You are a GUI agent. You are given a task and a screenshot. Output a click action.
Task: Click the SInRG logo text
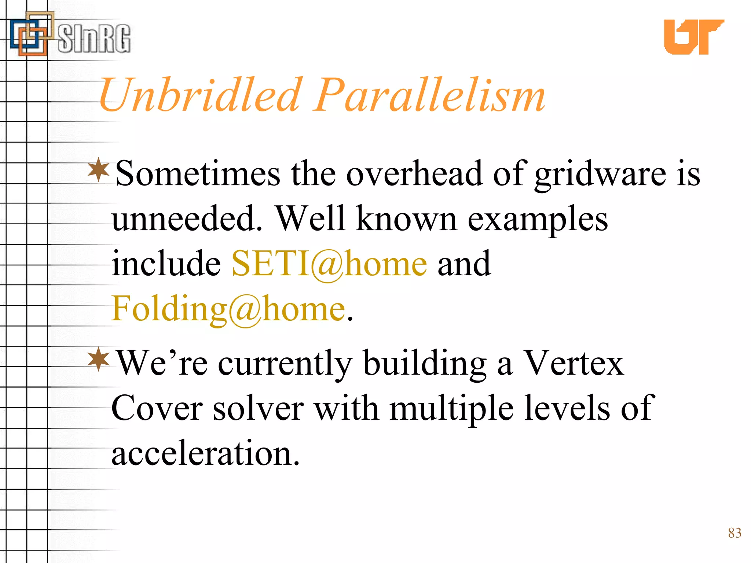point(94,38)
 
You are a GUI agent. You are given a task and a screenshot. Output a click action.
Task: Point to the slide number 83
point(734,533)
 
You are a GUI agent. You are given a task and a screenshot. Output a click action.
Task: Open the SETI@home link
point(329,264)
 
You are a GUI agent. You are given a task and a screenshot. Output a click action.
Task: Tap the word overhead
point(414,174)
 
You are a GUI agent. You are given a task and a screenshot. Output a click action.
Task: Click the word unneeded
point(187,219)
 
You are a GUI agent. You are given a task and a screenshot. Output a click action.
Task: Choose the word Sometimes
point(198,174)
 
